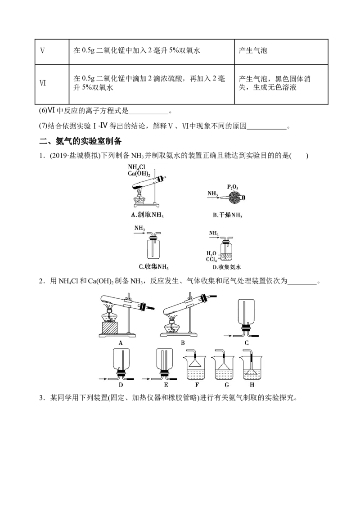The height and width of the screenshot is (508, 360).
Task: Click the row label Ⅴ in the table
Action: click(x=42, y=50)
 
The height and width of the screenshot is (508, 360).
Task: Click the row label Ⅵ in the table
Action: click(x=43, y=83)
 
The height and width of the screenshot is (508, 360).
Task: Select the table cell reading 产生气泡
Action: click(x=253, y=50)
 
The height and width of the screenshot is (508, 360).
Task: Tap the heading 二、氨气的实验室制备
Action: click(x=80, y=141)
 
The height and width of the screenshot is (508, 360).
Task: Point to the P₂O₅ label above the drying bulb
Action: click(x=233, y=187)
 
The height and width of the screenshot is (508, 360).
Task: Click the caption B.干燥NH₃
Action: click(x=227, y=215)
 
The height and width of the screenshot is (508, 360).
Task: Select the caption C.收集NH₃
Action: click(x=153, y=267)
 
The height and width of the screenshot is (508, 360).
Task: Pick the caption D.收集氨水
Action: click(x=226, y=267)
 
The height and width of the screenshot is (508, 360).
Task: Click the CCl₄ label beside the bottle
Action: click(x=211, y=259)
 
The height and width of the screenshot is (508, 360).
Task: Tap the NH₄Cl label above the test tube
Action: click(x=136, y=167)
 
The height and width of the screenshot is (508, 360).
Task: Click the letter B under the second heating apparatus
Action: click(x=183, y=342)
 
